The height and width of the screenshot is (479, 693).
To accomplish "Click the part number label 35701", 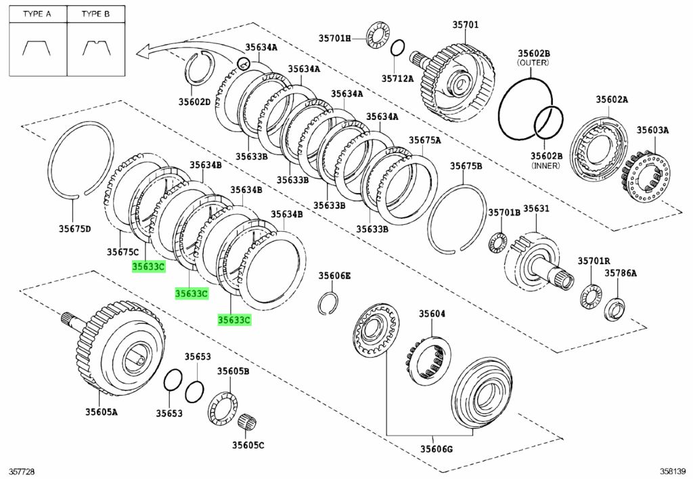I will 466,25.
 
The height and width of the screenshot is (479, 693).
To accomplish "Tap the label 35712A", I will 397,79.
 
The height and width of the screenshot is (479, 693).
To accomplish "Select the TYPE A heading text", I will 37,14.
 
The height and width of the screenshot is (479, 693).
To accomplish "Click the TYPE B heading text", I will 95,14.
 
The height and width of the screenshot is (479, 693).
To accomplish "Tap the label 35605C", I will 248,445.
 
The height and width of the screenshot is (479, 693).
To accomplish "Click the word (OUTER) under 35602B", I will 534,62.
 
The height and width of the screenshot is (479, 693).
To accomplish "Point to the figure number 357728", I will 22,470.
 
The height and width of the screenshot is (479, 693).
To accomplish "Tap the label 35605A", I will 101,411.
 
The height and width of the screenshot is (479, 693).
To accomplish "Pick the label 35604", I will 432,314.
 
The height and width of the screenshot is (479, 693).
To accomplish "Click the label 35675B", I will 466,165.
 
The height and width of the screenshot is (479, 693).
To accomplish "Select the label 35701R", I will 594,261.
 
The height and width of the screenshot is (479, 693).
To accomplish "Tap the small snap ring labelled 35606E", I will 328,303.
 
